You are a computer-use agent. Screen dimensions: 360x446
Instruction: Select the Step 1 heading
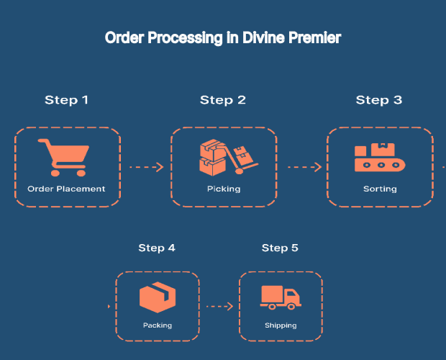66,100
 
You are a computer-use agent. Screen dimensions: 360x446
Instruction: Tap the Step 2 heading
222,100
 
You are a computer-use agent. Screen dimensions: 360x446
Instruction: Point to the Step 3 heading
378,100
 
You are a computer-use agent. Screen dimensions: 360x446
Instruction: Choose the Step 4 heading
157,248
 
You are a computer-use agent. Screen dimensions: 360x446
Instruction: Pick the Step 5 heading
280,248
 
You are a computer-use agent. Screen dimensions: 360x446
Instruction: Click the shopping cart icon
65,158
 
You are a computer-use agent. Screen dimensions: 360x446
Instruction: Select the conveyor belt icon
380,158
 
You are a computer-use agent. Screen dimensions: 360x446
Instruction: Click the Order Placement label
66,189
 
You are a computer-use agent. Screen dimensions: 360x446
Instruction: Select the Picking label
224,189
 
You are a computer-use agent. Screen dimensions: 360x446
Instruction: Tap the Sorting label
380,189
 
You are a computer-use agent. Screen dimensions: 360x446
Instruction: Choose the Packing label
158,325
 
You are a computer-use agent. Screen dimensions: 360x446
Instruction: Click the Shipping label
281,325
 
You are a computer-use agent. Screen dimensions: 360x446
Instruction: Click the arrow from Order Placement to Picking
146,167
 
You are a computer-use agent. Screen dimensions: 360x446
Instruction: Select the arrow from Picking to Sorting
304,167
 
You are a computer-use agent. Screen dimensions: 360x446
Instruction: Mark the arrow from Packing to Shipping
219,306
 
